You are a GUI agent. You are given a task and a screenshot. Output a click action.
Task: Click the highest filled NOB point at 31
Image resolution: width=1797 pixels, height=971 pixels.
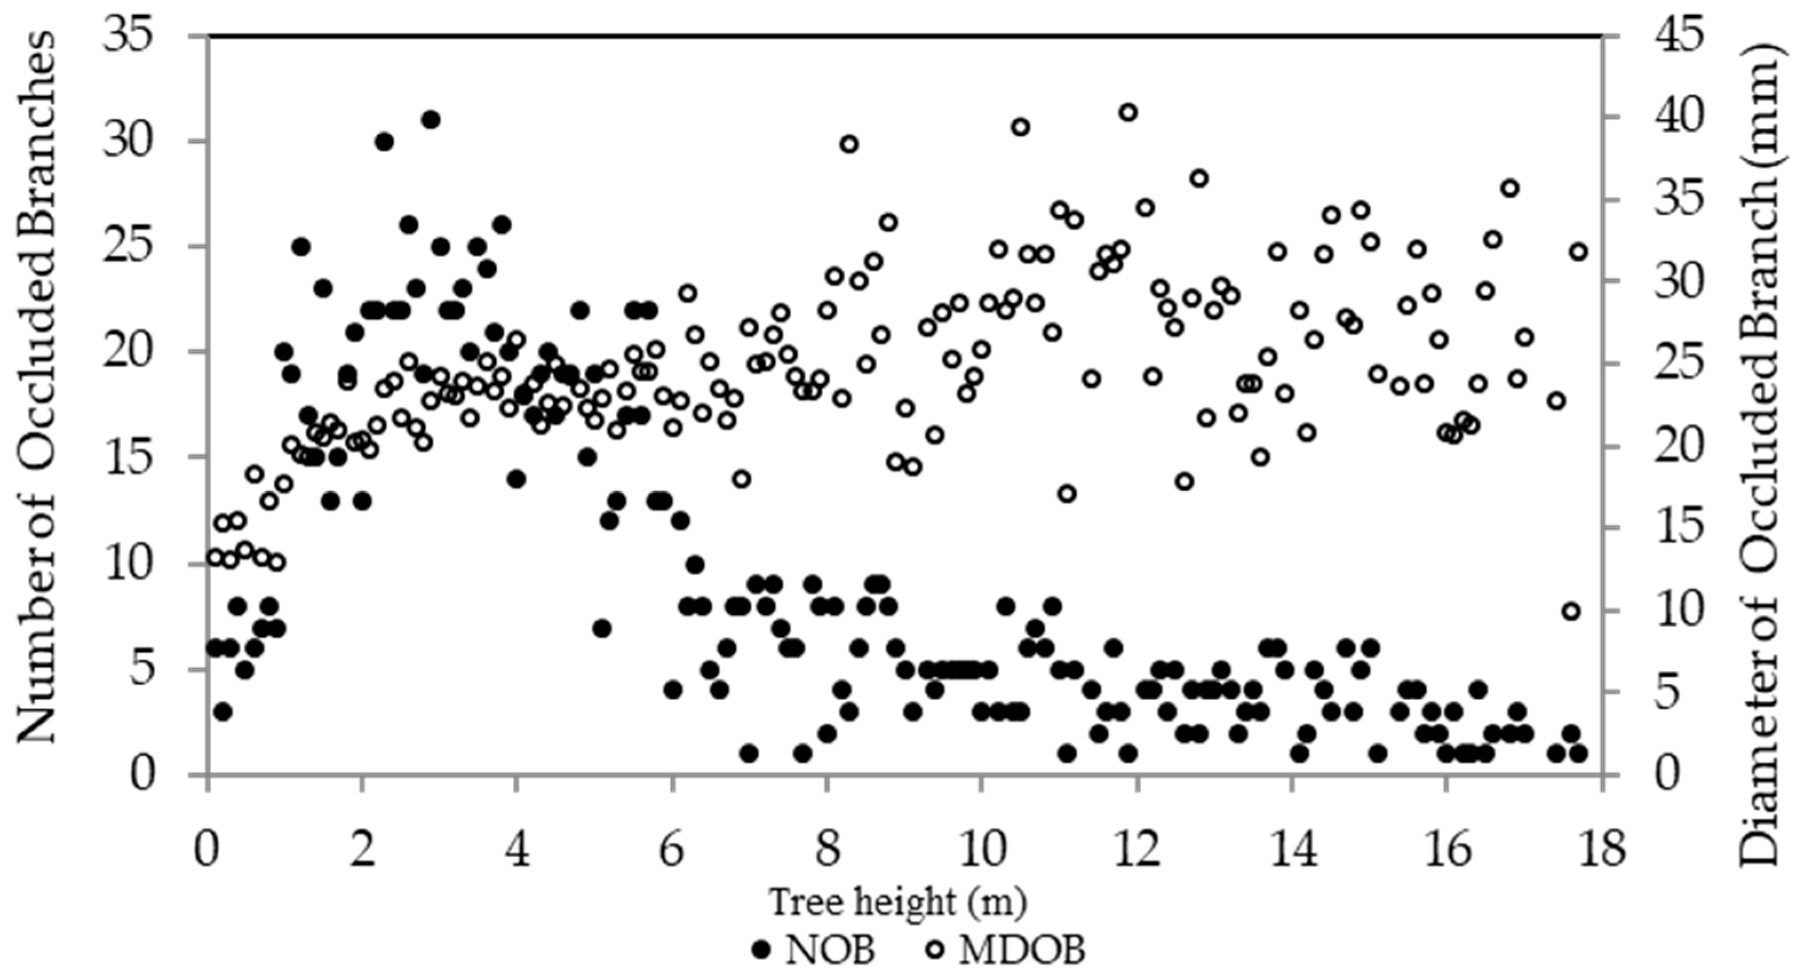(431, 120)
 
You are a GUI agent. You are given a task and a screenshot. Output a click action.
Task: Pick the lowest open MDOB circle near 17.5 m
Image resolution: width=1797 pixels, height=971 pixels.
(1571, 611)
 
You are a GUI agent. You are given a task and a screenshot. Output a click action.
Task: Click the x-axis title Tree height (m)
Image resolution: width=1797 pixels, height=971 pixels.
(898, 902)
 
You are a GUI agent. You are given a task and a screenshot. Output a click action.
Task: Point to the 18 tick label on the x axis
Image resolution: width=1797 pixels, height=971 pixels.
(1601, 853)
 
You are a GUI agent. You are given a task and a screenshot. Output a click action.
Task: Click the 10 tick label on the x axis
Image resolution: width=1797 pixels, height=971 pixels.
(981, 853)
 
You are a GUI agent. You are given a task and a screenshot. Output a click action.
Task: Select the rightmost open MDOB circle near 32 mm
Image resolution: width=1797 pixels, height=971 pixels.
(1578, 252)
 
